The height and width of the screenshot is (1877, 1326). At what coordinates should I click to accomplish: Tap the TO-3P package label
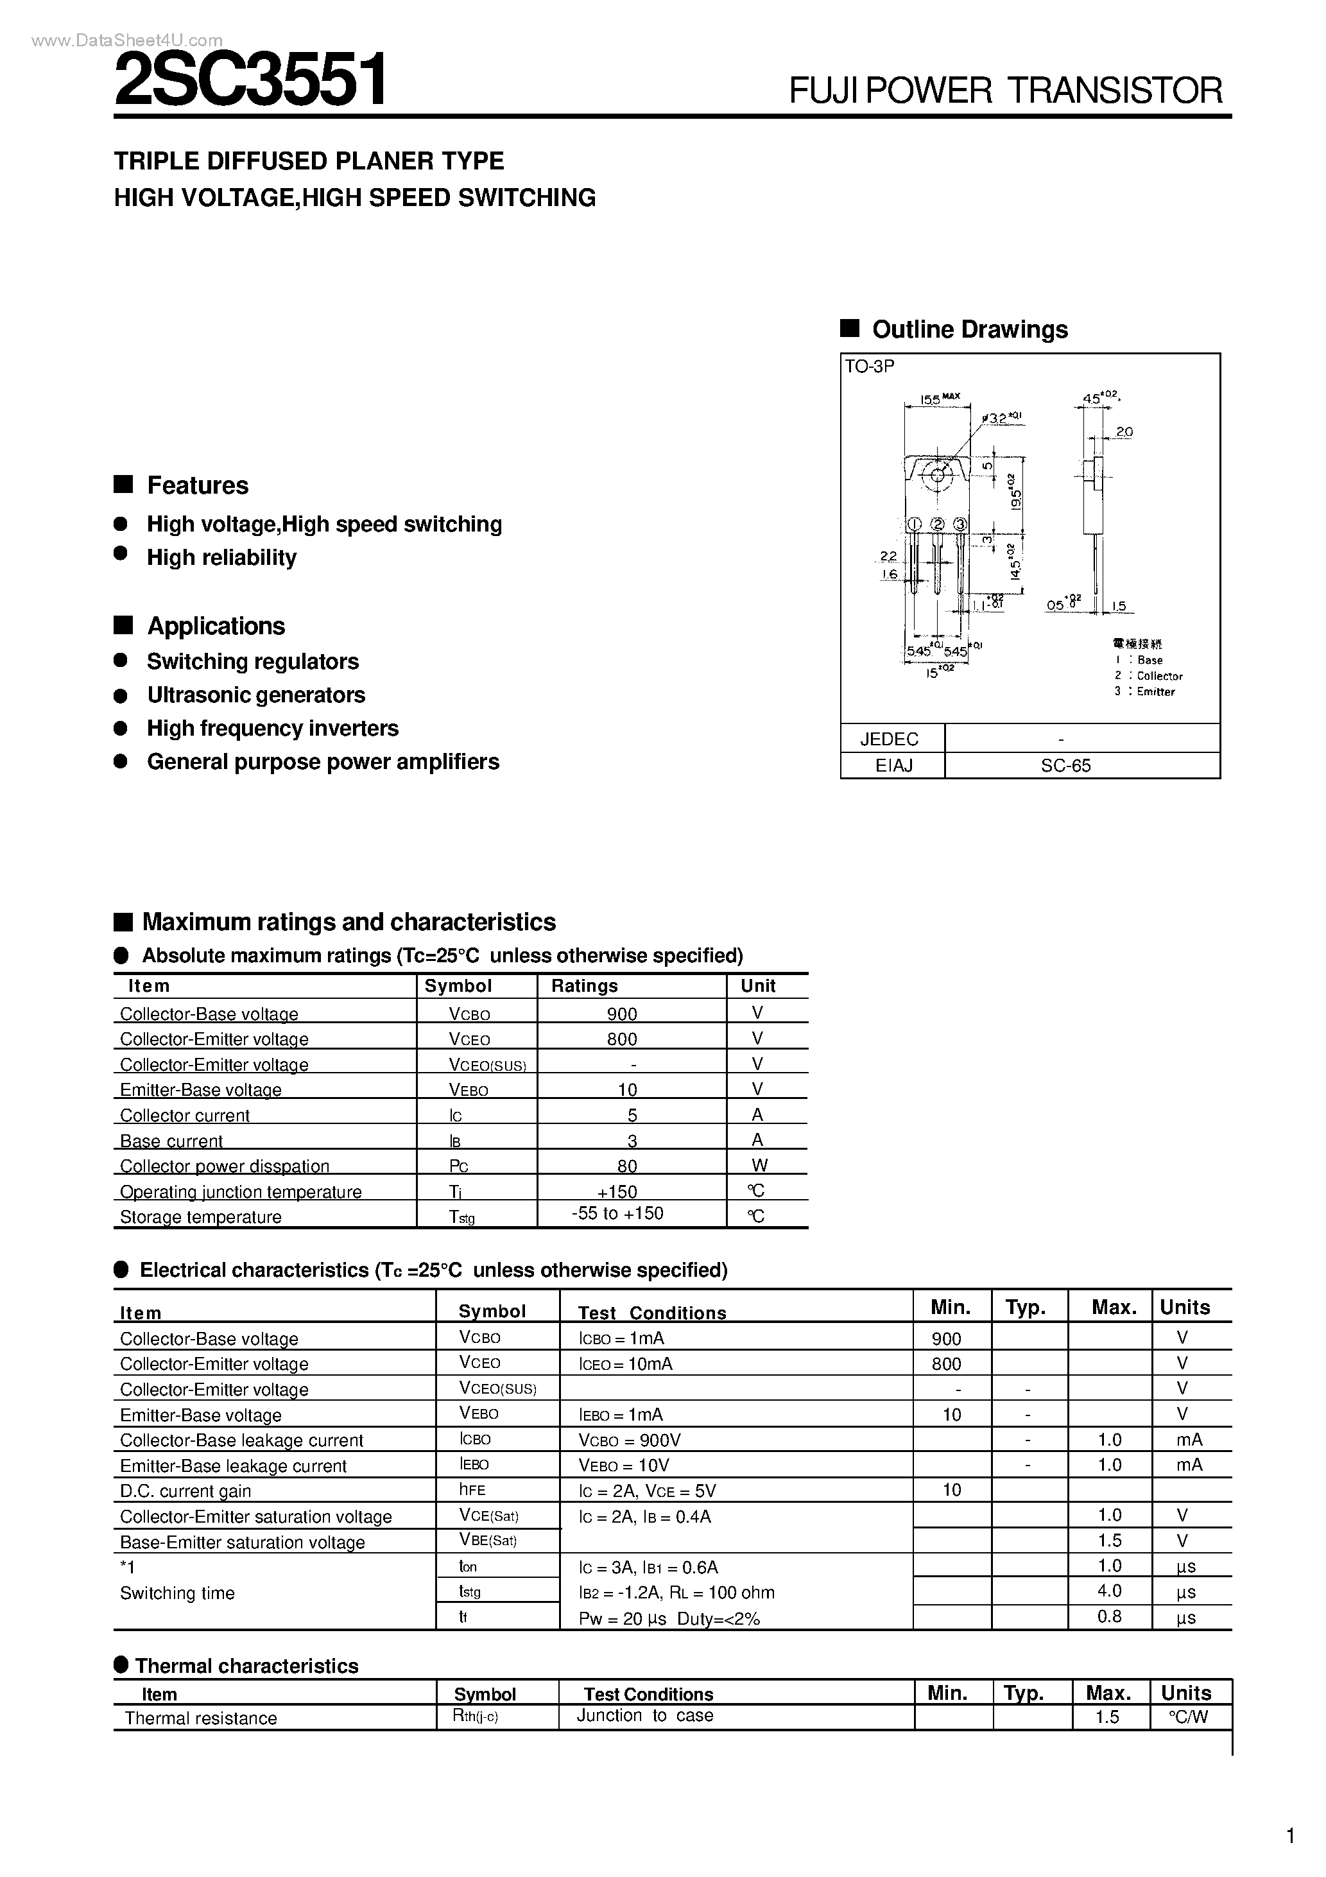pos(869,367)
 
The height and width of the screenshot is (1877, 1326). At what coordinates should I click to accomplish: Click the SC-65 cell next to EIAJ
pos(1065,766)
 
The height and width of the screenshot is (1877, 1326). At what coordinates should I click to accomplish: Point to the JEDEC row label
pos(890,739)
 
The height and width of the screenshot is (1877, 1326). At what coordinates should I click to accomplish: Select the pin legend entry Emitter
pos(1155,691)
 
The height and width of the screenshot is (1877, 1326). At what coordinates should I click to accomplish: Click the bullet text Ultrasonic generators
pos(256,695)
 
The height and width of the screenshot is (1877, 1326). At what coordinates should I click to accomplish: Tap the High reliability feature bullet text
pos(221,558)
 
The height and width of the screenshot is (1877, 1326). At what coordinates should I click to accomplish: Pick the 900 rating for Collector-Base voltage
pos(622,1014)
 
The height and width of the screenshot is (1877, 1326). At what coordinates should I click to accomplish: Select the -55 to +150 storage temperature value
pos(617,1213)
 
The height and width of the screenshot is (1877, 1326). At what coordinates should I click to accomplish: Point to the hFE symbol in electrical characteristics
pos(472,1489)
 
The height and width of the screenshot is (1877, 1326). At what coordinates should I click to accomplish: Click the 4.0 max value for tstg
pos(1108,1591)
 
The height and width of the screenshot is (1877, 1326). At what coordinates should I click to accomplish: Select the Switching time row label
pos(177,1593)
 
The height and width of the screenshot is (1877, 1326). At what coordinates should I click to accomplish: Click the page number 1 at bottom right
pos(1290,1836)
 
